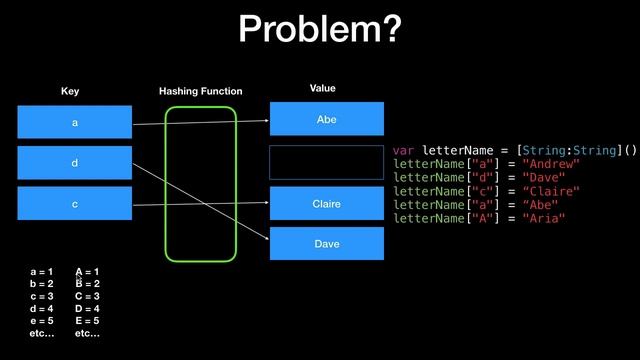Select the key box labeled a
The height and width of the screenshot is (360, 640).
click(x=74, y=122)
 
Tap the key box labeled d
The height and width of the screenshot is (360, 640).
click(x=74, y=162)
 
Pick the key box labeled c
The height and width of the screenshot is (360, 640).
click(x=74, y=203)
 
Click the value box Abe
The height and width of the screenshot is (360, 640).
click(x=326, y=118)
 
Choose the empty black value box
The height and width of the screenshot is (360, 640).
click(x=326, y=161)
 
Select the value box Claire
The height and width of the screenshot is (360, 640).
click(x=326, y=203)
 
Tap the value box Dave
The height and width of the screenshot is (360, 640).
click(x=326, y=243)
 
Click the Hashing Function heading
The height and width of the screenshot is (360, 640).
click(x=200, y=91)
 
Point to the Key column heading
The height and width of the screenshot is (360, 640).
click(x=70, y=91)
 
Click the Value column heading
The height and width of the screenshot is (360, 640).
click(x=322, y=89)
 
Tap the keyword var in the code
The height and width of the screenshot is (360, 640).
click(x=405, y=150)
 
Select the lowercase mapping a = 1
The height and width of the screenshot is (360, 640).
click(x=42, y=272)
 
